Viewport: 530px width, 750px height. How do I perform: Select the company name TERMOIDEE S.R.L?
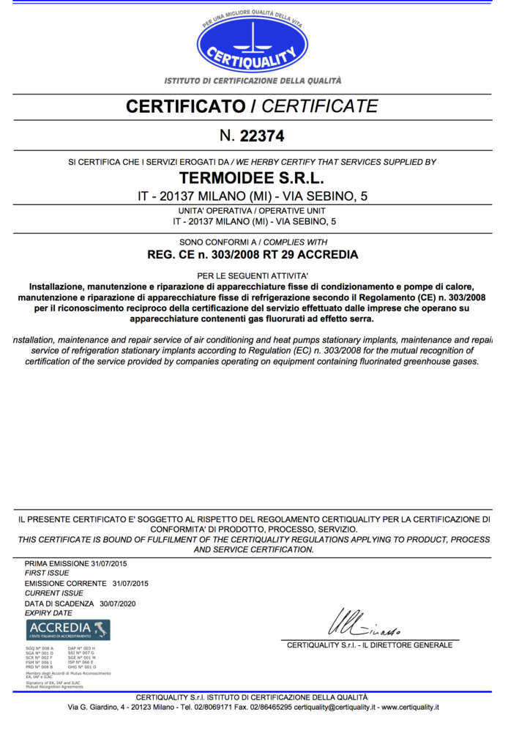click(x=252, y=178)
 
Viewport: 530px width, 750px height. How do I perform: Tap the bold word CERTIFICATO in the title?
click(x=186, y=106)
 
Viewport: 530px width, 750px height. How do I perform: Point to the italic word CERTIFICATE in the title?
click(x=320, y=106)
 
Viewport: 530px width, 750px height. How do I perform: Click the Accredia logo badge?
click(x=68, y=628)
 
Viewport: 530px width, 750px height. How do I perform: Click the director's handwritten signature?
click(x=363, y=623)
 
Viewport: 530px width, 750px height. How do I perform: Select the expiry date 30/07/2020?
click(x=118, y=604)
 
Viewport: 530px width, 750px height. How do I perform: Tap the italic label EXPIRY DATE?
click(x=48, y=613)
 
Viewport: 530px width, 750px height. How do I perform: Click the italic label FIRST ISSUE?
click(x=46, y=573)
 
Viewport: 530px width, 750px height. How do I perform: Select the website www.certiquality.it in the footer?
click(x=410, y=708)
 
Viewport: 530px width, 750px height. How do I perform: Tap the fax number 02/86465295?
click(x=269, y=708)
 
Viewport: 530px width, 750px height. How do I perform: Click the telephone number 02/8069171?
click(x=201, y=708)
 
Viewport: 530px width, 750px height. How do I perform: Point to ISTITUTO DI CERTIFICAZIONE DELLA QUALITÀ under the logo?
click(x=253, y=81)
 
